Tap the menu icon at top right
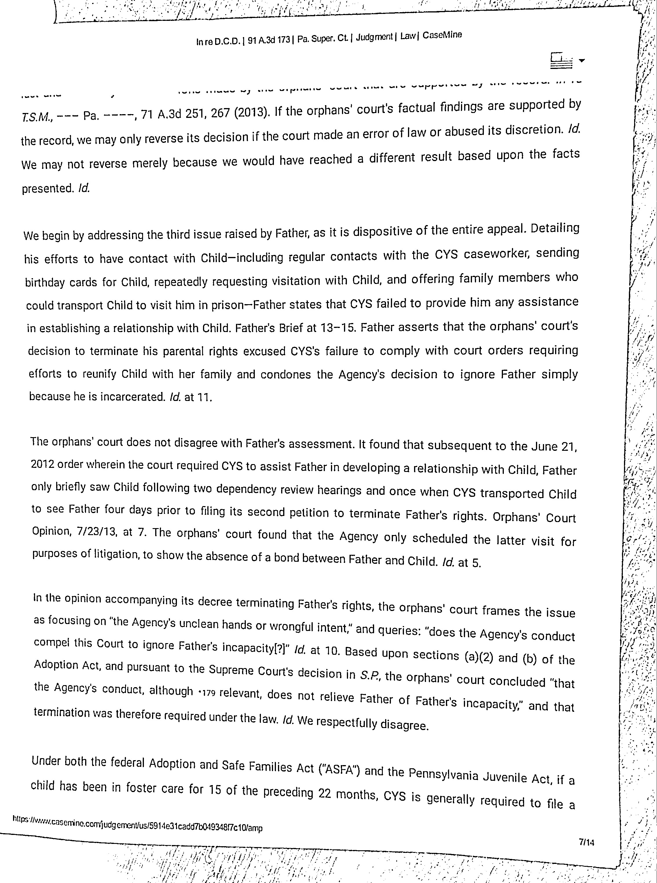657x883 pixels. coord(561,61)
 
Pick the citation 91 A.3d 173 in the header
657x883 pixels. coord(268,40)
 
